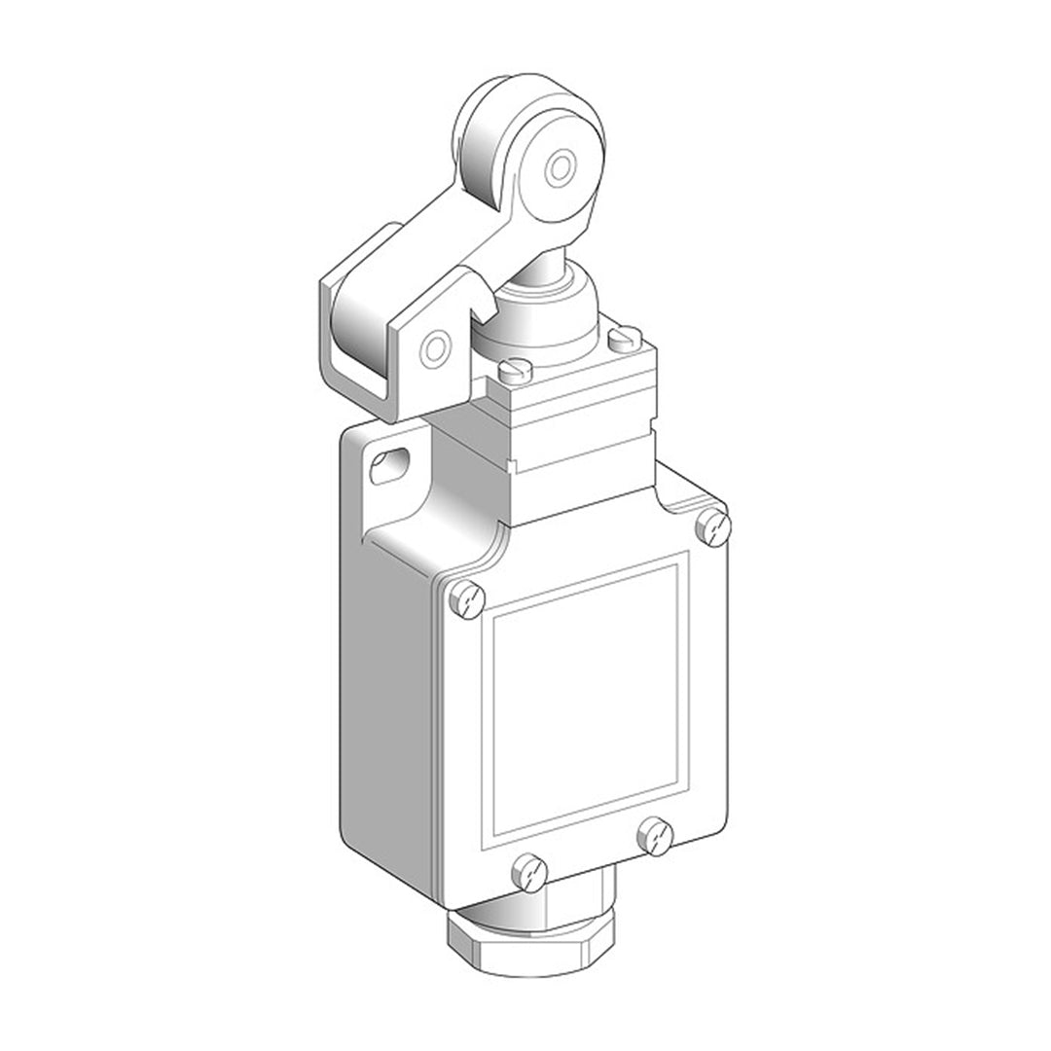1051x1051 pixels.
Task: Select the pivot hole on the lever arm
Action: [437, 345]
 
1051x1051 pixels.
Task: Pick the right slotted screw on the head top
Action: [622, 340]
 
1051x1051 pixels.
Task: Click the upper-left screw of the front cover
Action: [469, 597]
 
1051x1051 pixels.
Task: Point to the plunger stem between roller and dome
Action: [525, 273]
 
